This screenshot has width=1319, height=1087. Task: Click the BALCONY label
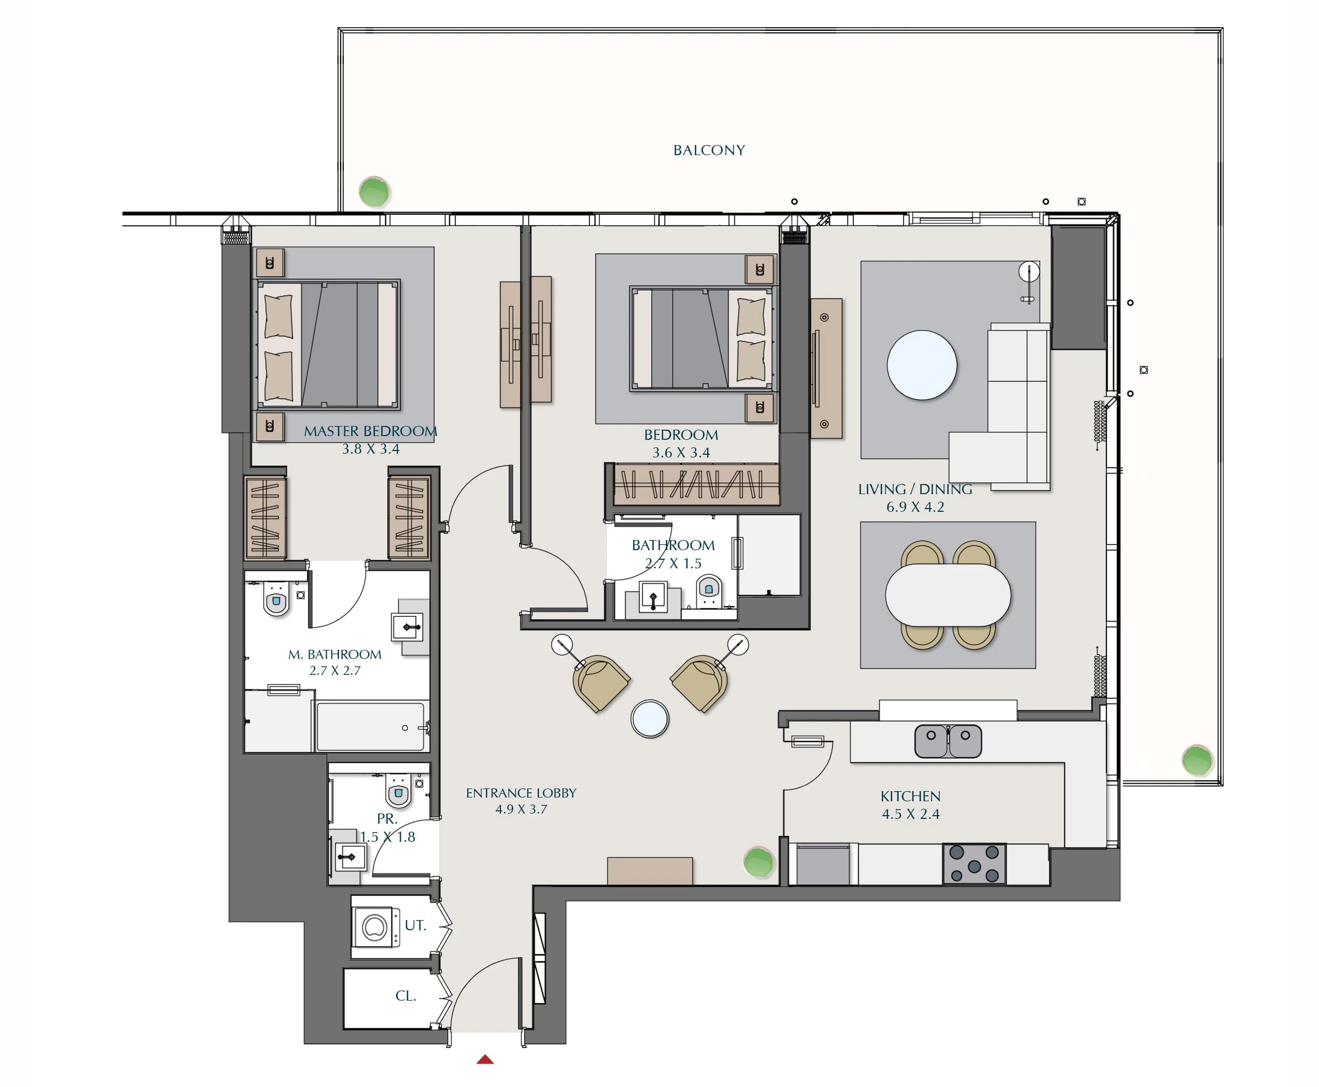(x=709, y=150)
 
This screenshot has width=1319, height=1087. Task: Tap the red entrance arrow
(x=485, y=1059)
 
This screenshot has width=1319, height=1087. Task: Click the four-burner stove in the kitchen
(x=974, y=864)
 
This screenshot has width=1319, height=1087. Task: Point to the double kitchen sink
(x=948, y=740)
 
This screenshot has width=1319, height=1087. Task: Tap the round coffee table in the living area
(x=921, y=365)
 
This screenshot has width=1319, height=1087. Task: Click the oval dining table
(x=948, y=595)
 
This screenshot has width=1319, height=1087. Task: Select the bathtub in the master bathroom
(x=370, y=726)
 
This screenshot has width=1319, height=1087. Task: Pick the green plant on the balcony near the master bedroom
(x=374, y=191)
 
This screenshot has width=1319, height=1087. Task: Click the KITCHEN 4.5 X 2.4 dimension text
(x=910, y=814)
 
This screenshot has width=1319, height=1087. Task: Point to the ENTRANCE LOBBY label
(x=521, y=793)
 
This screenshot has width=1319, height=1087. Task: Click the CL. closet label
(x=406, y=996)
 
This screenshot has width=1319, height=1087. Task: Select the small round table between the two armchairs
(x=650, y=719)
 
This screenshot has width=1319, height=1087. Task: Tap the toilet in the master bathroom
(x=276, y=600)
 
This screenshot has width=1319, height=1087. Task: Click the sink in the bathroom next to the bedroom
(x=653, y=598)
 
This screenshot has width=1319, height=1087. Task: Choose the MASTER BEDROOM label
(x=370, y=431)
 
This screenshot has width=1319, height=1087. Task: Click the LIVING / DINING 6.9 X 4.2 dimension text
(x=915, y=506)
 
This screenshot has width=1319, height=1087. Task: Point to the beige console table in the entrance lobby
(x=650, y=871)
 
